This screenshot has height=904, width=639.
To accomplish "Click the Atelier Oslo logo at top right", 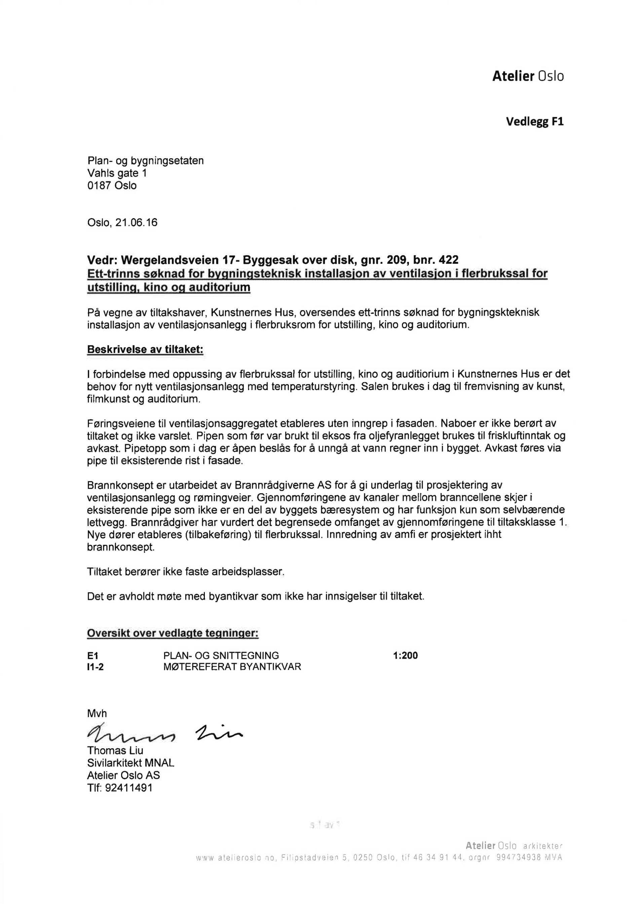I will click(527, 76).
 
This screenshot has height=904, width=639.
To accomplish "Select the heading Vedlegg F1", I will click(534, 121).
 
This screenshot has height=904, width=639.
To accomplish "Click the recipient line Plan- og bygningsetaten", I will click(145, 161).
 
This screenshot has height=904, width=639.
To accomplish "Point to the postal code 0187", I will click(100, 185).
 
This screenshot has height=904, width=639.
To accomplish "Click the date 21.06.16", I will click(136, 223).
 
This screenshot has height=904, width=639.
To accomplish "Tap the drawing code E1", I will click(93, 656).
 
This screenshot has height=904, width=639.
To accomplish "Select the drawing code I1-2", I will click(96, 667).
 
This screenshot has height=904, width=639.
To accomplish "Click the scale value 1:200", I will click(405, 656).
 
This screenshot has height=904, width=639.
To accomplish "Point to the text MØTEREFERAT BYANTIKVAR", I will click(232, 667).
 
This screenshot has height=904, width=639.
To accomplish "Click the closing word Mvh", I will click(97, 714).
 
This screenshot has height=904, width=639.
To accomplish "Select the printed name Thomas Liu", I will click(115, 750).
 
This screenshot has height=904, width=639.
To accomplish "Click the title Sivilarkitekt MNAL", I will click(130, 763).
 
